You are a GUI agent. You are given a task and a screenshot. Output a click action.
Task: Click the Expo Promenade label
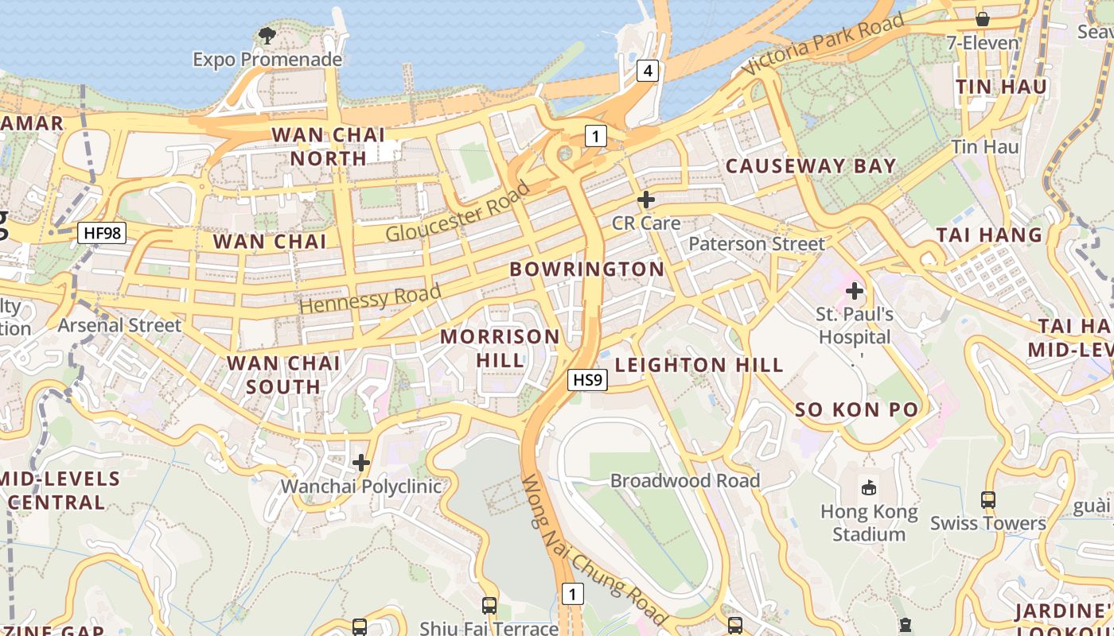tap(267, 60)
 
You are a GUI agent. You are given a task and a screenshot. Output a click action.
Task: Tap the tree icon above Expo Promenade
tap(267, 35)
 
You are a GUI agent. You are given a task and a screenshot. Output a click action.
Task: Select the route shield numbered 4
tap(648, 71)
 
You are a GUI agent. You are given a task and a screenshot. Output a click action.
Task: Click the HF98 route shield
tap(103, 233)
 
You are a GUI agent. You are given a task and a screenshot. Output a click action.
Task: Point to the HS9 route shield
tap(588, 380)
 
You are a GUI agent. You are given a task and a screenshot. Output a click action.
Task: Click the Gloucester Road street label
tap(458, 212)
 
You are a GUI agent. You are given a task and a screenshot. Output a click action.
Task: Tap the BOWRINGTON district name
tap(587, 269)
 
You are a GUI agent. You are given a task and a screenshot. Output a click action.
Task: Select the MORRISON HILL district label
tap(501, 347)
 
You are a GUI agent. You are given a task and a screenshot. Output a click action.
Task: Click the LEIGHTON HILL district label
tap(699, 365)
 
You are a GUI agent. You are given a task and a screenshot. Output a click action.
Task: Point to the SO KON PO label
tap(857, 410)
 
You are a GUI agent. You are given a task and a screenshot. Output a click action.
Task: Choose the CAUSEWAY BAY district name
tap(811, 166)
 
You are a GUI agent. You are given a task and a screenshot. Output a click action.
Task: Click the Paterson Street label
tap(757, 243)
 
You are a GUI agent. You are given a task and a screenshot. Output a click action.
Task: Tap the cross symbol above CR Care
tap(646, 200)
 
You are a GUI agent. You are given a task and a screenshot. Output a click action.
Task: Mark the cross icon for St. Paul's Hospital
tap(855, 291)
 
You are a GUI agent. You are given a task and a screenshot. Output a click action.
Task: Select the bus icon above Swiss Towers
tap(988, 500)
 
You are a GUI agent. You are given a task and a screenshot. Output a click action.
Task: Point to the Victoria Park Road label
tap(824, 45)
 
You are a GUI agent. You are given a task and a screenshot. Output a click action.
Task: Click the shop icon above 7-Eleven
tap(983, 18)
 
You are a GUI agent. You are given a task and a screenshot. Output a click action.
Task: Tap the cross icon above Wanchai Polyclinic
tap(361, 462)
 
